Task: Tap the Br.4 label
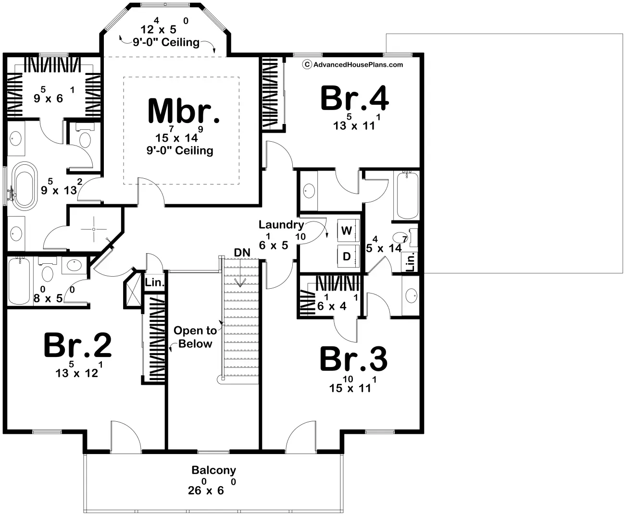pos(355,98)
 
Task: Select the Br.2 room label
pos(78,345)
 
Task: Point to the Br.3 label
pos(353,359)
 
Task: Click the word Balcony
pos(214,470)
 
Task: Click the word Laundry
pos(281,225)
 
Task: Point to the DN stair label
pos(242,253)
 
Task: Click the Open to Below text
pos(195,337)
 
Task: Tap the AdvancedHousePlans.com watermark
pos(353,64)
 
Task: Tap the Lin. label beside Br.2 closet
pos(154,282)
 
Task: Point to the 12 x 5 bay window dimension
pos(164,26)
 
